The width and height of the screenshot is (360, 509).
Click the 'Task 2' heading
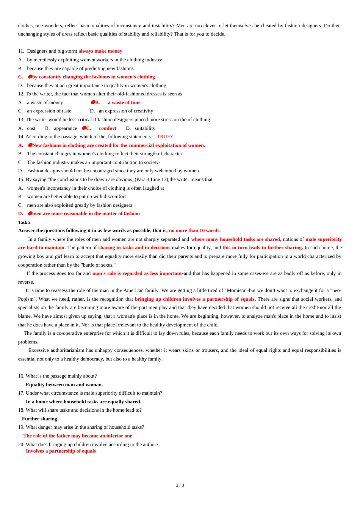pyautogui.click(x=24, y=222)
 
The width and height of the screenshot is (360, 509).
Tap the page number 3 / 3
pyautogui.click(x=180, y=485)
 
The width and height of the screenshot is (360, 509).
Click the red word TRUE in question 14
pyautogui.click(x=163, y=137)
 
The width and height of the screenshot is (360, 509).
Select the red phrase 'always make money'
pyautogui.click(x=100, y=51)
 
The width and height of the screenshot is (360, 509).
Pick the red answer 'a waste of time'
pyautogui.click(x=124, y=103)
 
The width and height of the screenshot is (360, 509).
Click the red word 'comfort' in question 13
pyautogui.click(x=108, y=128)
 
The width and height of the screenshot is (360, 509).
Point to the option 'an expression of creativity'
pyautogui.click(x=126, y=111)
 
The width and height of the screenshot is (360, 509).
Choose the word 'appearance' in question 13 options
pyautogui.click(x=65, y=128)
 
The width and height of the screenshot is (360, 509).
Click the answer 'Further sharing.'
pyautogui.click(x=40, y=419)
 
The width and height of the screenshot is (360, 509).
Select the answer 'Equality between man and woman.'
pyautogui.click(x=64, y=385)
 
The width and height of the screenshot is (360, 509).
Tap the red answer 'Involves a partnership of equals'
pyautogui.click(x=61, y=451)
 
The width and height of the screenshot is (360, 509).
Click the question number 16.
pyautogui.click(x=21, y=376)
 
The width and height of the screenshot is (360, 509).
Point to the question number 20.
pyautogui.click(x=21, y=445)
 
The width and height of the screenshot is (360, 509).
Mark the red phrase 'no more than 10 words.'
pyautogui.click(x=195, y=231)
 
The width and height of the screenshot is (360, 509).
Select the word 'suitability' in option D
pyautogui.click(x=145, y=128)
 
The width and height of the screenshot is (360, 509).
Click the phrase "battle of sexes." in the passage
pyautogui.click(x=98, y=265)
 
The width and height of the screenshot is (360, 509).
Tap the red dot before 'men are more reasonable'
pyautogui.click(x=30, y=214)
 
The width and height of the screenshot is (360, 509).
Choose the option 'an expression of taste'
pyautogui.click(x=49, y=111)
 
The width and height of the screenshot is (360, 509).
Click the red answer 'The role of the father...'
pyautogui.click(x=78, y=436)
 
